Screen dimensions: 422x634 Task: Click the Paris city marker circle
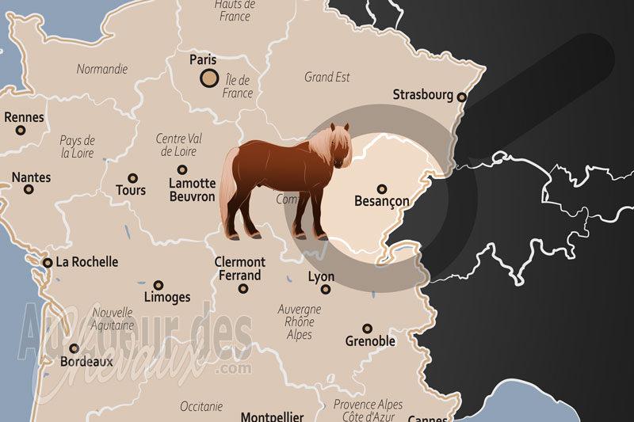coord(208,78)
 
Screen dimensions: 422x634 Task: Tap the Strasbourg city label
coord(423,95)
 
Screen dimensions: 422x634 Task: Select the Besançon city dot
coord(382,189)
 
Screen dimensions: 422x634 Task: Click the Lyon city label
coord(321,277)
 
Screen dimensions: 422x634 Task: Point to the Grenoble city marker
coord(367,329)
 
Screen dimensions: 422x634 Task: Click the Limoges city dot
coord(158,285)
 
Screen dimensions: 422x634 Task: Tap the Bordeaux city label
coord(86,361)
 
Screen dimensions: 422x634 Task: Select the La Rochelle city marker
coord(48,262)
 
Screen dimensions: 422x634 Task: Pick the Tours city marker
coord(132,178)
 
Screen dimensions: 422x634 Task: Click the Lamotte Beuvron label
coord(192,189)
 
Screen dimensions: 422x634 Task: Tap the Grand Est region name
coord(327,78)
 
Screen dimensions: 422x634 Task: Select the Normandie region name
coord(101,69)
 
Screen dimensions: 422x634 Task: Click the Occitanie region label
coord(201,406)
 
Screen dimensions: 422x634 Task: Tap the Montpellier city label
coord(272,416)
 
